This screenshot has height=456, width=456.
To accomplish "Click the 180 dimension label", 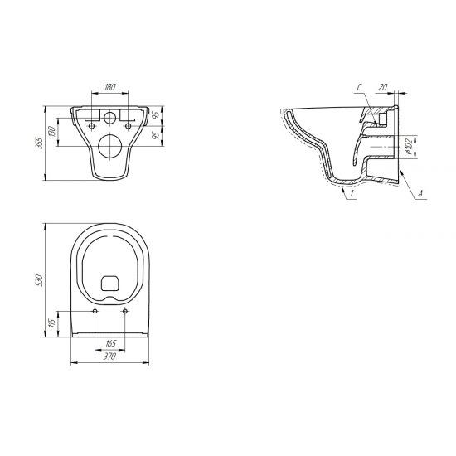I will tap(110, 85).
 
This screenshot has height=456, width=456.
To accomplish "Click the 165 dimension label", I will tap(110, 342).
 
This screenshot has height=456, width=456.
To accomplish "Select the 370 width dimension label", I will tap(110, 357).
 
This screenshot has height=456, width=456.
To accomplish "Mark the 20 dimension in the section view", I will tap(382, 86).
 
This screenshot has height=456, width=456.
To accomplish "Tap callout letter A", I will tap(421, 192).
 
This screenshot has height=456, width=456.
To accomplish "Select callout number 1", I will tap(352, 192).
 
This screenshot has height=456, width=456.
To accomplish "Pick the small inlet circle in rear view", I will tap(110, 116).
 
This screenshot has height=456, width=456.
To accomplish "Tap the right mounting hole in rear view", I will tap(129, 114).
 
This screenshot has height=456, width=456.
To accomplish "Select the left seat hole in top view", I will tap(96, 311).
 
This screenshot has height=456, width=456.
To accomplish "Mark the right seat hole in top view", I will tap(125, 311).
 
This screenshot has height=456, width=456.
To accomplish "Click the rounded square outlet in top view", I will tap(110, 284).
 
